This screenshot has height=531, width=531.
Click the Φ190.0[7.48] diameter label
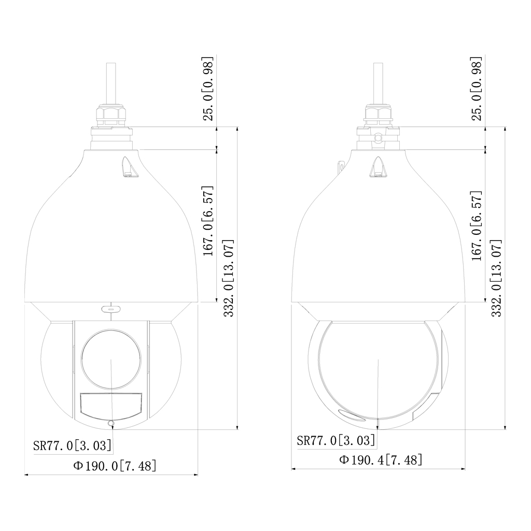click(x=115, y=465)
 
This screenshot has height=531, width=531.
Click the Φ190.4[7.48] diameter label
click(x=381, y=459)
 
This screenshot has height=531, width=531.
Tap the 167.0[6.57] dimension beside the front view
click(x=208, y=220)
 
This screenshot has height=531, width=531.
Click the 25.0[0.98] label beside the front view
click(x=208, y=88)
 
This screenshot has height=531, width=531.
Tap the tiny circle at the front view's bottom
click(x=110, y=424)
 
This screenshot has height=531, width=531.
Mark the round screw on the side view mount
click(x=379, y=137)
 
